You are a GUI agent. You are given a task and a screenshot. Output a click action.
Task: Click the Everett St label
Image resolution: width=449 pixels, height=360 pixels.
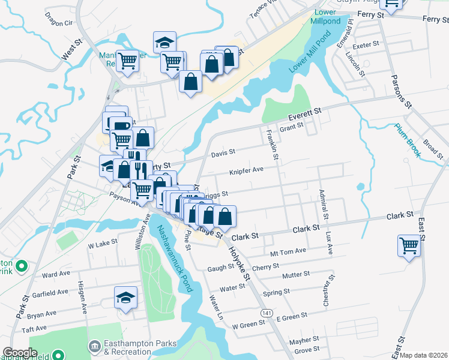coord(304,113)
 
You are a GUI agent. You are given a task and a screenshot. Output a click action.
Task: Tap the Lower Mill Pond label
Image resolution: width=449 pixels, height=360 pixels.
coord(310,57)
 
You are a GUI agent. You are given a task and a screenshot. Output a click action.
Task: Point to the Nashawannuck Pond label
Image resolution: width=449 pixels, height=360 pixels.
coord(175,259)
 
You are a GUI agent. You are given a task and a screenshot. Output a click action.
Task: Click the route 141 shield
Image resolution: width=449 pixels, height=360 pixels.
coord(267,313)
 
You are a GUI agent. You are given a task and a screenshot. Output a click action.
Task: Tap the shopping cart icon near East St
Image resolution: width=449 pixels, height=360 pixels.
coord(408,245)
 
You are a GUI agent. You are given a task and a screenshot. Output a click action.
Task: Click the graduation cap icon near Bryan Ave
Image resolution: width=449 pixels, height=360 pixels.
coord(126,297)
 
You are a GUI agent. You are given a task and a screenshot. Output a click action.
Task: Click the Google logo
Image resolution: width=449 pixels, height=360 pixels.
coord(20,353)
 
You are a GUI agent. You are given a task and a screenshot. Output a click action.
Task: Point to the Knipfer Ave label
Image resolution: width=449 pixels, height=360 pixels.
coord(246,170)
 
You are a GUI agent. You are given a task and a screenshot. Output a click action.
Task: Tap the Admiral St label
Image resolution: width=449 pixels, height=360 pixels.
coord(324,206)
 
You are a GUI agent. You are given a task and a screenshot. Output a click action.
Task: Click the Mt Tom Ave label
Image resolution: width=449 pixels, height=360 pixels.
coord(288,251)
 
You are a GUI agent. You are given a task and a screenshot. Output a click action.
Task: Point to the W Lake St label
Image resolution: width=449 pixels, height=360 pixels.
coord(102,244)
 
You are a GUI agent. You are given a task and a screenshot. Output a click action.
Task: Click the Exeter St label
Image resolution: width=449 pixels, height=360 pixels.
coord(366,44)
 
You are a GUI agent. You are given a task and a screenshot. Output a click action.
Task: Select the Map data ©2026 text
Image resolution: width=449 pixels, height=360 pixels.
coord(424,355)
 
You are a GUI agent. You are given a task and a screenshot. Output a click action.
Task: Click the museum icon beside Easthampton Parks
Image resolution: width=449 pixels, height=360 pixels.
coord(94,346)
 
